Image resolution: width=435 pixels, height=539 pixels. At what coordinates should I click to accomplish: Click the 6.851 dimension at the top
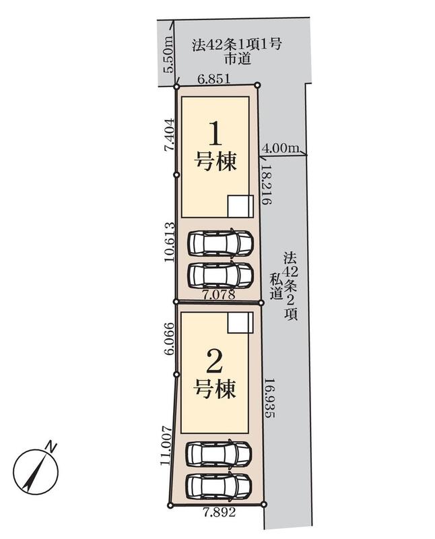[x=213, y=80]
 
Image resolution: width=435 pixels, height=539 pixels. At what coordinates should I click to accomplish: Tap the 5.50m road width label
[x=168, y=55]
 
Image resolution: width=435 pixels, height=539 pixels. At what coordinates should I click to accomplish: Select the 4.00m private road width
[x=280, y=148]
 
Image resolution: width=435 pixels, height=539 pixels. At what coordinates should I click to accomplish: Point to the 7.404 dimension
[x=170, y=135]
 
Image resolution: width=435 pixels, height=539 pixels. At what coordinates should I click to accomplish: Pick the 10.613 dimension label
[x=170, y=242]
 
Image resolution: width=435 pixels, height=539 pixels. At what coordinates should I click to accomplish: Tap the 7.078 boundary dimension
[x=219, y=294]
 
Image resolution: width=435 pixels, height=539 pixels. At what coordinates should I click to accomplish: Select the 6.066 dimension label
[x=170, y=338]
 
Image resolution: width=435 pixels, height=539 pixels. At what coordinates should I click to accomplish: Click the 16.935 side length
[x=270, y=398]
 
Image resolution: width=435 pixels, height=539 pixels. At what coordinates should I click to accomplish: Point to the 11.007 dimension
[x=166, y=446]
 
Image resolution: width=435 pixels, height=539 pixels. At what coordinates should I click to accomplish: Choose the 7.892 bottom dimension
[x=220, y=513]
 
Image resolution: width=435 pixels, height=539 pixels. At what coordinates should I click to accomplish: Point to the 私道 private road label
[x=275, y=286]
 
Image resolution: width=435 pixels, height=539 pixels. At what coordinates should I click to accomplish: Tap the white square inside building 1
[x=240, y=206]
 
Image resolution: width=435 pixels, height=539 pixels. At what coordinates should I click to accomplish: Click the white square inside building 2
[x=240, y=323]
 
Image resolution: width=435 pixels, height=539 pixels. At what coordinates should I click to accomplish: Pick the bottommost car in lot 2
[x=218, y=486]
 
